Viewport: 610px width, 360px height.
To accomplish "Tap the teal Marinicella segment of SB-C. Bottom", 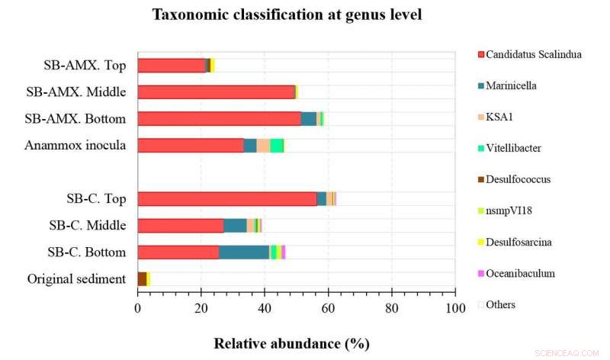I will tap(244, 252).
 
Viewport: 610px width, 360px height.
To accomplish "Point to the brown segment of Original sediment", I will tap(142, 279).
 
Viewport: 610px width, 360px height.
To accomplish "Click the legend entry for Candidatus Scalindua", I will tap(533, 54).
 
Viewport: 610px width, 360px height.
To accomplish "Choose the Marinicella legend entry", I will tap(512, 85).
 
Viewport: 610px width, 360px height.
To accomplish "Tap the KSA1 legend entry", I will tap(500, 117).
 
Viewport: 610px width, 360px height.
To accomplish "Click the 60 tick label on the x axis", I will tap(328, 308).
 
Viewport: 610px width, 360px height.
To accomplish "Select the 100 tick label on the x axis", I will tap(455, 308).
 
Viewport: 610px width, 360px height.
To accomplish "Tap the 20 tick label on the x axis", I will tap(201, 308).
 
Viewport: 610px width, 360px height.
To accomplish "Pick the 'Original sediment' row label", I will tap(76, 279).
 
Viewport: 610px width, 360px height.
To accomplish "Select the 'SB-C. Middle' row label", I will tap(85, 226).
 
